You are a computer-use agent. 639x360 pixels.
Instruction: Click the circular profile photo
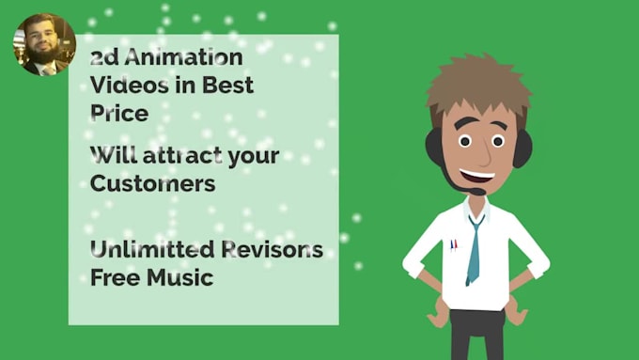coord(44,44)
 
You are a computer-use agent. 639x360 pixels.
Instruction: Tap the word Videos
coord(128,86)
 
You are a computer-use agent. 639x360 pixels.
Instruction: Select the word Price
coord(118,113)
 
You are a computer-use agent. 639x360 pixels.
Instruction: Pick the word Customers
coord(152,182)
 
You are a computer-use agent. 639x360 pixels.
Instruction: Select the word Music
coord(182,278)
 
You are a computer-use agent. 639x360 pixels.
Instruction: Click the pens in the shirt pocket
coord(453,245)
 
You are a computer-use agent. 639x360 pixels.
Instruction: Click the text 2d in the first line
coord(103,58)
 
